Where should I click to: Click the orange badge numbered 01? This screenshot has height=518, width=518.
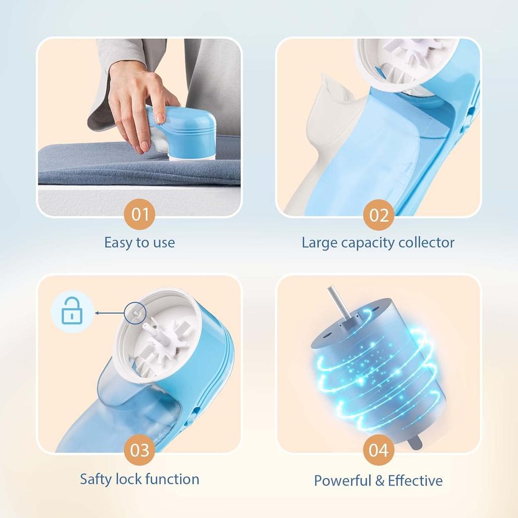click(140, 214)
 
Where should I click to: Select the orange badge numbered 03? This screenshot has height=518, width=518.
click(140, 450)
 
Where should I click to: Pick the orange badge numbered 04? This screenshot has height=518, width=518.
click(378, 450)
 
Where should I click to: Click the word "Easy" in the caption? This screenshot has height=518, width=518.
click(115, 243)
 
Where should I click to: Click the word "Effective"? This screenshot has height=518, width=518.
click(415, 480)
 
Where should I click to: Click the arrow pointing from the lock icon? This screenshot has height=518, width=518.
click(111, 313)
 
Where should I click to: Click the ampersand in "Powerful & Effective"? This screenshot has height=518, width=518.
click(379, 480)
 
